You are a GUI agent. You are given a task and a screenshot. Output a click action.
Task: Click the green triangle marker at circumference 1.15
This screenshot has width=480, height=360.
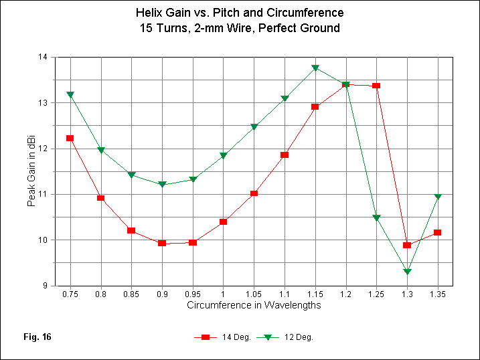(x=315, y=68)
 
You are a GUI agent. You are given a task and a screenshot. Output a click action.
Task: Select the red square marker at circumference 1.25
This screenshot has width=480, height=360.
(x=376, y=86)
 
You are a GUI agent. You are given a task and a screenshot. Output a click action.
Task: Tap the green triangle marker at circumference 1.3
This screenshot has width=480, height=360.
(x=407, y=271)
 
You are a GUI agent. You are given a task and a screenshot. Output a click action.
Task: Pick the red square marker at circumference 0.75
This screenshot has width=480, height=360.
(x=70, y=138)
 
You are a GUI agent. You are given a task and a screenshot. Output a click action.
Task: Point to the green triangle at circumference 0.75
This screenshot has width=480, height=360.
(x=70, y=95)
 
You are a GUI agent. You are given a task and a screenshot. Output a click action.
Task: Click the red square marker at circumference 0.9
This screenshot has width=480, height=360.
(x=162, y=243)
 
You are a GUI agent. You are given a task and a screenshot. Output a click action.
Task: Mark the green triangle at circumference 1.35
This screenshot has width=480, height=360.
(x=438, y=197)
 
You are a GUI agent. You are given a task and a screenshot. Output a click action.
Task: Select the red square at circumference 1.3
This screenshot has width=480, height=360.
(x=407, y=245)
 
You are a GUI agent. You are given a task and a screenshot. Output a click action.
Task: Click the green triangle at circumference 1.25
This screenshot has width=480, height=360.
(x=376, y=218)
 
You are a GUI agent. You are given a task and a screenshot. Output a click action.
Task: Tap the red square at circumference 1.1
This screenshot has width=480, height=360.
(x=285, y=155)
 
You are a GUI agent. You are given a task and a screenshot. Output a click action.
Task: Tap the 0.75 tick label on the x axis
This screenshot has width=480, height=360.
(x=70, y=294)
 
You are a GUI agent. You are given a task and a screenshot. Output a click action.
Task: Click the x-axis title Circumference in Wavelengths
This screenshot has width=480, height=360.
(x=254, y=305)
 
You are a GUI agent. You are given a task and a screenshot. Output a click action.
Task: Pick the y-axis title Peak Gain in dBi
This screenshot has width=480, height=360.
(x=31, y=171)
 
